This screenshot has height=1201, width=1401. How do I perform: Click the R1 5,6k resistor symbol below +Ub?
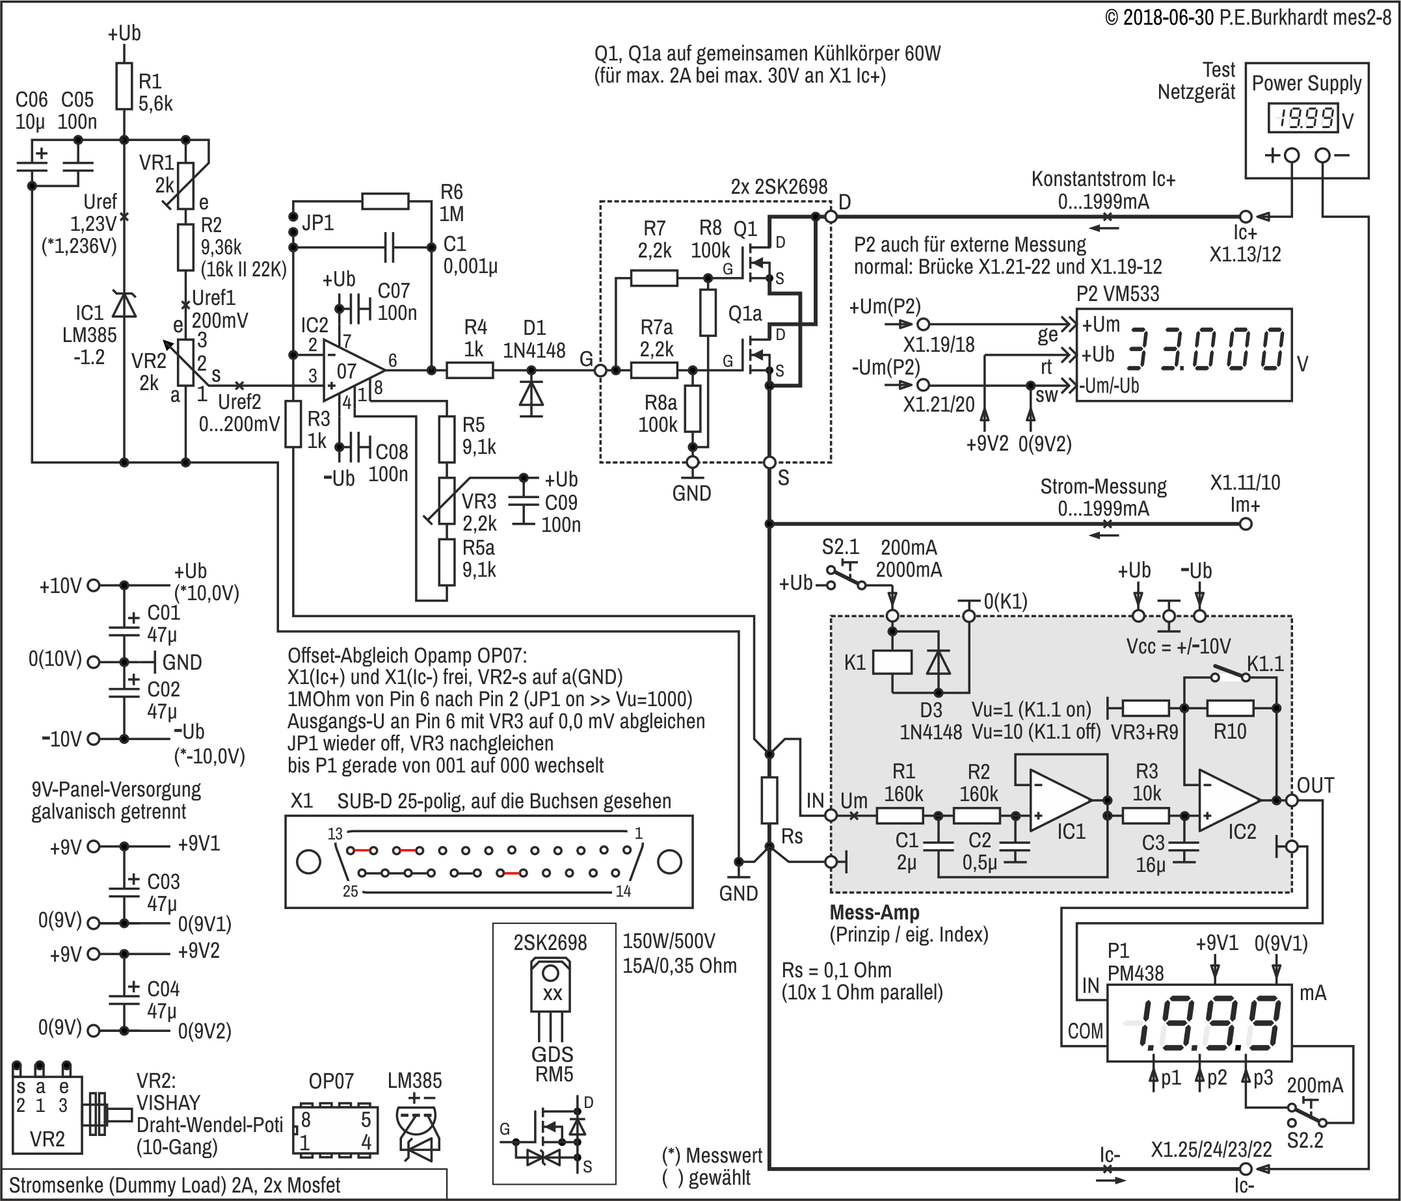click(124, 86)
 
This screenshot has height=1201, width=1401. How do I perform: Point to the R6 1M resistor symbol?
click(386, 202)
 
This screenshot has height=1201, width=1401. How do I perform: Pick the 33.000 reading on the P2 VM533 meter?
click(1208, 349)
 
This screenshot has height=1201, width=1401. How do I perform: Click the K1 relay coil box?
click(892, 663)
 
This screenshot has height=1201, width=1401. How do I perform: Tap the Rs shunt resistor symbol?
click(769, 800)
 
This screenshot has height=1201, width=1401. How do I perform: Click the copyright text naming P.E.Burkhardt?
click(1248, 18)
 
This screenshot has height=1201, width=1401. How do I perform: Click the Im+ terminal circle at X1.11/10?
click(1246, 524)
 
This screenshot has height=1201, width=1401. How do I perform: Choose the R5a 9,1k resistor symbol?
click(446, 562)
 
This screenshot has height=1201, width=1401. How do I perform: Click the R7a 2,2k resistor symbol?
click(654, 370)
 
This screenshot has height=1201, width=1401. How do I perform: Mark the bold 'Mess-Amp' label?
click(874, 912)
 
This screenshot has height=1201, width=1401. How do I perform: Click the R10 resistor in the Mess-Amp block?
click(1230, 707)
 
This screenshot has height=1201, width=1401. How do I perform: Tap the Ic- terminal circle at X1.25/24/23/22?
click(1246, 1168)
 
